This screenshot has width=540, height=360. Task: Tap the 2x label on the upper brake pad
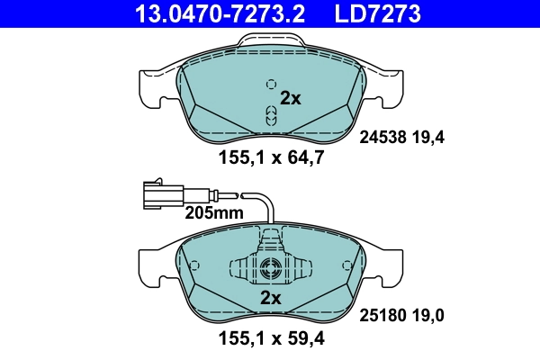(291, 99)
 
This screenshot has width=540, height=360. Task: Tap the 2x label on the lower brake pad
(271, 298)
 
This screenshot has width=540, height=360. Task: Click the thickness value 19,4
(428, 138)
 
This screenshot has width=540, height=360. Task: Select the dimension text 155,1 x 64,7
(270, 158)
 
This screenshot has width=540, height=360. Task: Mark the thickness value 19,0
(428, 316)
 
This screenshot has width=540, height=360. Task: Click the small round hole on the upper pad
(270, 85)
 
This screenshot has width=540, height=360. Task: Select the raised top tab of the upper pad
(270, 41)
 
